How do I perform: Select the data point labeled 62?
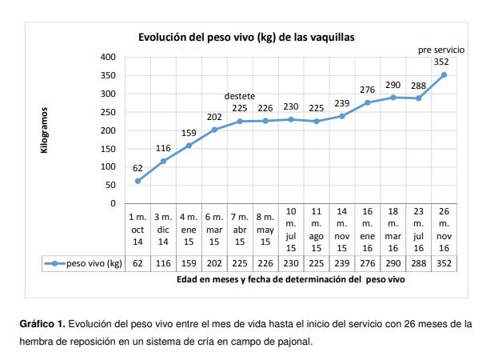pos(137,181)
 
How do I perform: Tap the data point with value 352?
pos(444,74)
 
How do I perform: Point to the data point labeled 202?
pos(214,130)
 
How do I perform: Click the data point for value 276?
pos(368,102)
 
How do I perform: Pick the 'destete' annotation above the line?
pos(240,96)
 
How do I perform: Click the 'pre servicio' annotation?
pos(441,50)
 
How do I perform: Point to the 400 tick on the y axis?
pos(106,58)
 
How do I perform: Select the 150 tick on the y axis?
pos(106,149)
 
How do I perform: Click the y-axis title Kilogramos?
pos(45,130)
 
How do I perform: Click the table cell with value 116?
pos(163,263)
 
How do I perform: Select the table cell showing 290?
pos(392,263)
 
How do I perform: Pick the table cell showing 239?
pos(341,263)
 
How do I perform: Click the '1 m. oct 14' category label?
pos(137,229)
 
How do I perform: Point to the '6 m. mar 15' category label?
pos(214,229)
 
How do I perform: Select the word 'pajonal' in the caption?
pos(289,342)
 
